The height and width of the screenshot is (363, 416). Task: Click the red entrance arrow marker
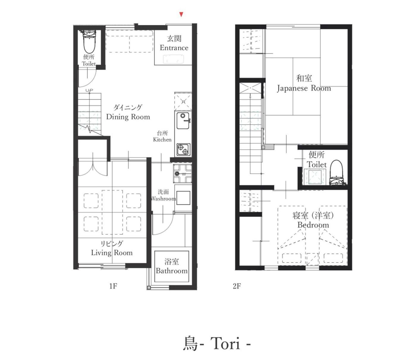click(181, 15)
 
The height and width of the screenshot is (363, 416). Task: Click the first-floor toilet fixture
click(89, 42)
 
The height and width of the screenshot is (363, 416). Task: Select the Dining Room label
click(128, 112)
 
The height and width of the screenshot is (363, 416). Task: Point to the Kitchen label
click(162, 136)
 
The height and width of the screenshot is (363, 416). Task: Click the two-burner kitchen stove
click(183, 149)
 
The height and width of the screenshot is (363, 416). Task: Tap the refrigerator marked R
click(183, 101)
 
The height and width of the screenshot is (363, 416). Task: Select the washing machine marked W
click(182, 174)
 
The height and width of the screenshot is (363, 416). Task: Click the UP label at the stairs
click(89, 90)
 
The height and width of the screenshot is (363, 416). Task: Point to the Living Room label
click(112, 248)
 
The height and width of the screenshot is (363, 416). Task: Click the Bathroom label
click(172, 266)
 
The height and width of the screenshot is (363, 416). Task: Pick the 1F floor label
click(113, 286)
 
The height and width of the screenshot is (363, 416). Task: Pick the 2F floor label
click(237, 286)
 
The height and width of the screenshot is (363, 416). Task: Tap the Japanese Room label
click(304, 83)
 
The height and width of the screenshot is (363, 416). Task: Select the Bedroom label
click(313, 220)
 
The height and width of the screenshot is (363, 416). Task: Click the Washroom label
click(163, 195)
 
